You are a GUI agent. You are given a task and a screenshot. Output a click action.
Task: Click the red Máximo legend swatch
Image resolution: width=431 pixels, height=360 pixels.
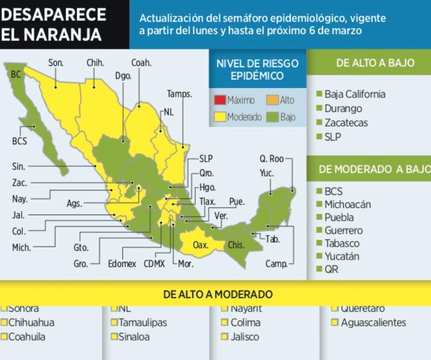(x=220, y=100)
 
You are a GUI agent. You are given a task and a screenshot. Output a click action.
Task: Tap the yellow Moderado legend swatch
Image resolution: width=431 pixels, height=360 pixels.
(x=220, y=117)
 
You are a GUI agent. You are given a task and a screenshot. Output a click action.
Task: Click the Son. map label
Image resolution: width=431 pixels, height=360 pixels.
(x=56, y=63)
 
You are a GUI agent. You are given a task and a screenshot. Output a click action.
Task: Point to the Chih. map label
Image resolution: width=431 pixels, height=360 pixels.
(x=95, y=63)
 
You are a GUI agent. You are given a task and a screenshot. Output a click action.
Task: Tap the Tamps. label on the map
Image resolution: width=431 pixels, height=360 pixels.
(x=179, y=93)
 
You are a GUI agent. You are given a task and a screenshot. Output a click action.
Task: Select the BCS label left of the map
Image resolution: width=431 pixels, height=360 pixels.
(x=20, y=141)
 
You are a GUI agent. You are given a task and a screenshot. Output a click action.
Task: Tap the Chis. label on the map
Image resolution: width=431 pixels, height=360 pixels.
(x=235, y=244)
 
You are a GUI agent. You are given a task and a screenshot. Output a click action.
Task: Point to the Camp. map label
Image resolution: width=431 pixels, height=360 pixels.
(x=276, y=263)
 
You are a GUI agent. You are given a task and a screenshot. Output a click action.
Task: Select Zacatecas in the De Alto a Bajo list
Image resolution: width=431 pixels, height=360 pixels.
(x=347, y=122)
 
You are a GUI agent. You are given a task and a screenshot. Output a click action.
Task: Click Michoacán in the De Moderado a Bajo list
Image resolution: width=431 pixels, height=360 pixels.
(x=348, y=204)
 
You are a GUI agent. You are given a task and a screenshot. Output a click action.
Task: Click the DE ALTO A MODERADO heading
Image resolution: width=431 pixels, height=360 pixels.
(x=218, y=294)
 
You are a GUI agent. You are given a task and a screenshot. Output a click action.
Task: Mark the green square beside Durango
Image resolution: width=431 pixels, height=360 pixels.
(x=319, y=109)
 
